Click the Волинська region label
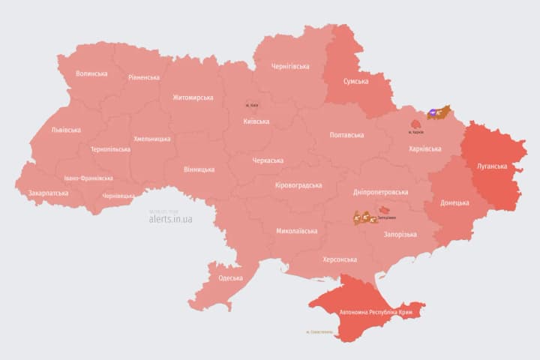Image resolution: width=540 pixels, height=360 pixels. [x=92, y=73]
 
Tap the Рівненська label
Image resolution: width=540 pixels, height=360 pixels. [x=143, y=77]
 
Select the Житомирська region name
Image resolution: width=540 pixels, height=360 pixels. [x=193, y=97]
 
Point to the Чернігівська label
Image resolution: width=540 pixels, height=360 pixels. [x=290, y=66]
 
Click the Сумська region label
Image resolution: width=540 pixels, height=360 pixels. [x=355, y=81]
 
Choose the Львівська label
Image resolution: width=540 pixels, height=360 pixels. [x=66, y=130]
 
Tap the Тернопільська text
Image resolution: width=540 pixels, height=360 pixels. [x=110, y=149]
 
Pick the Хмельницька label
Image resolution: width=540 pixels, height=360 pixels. [x=152, y=139]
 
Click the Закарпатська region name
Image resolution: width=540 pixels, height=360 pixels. [x=48, y=193]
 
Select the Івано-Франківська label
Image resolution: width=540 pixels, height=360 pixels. [x=88, y=178]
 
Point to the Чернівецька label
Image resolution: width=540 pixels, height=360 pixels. [x=118, y=196]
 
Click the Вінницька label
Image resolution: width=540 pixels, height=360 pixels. [x=199, y=169]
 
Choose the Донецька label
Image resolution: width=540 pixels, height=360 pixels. [x=454, y=202]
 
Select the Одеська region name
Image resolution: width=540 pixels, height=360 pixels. [x=230, y=278]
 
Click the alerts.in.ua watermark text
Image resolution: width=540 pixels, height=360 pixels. [x=170, y=219]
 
